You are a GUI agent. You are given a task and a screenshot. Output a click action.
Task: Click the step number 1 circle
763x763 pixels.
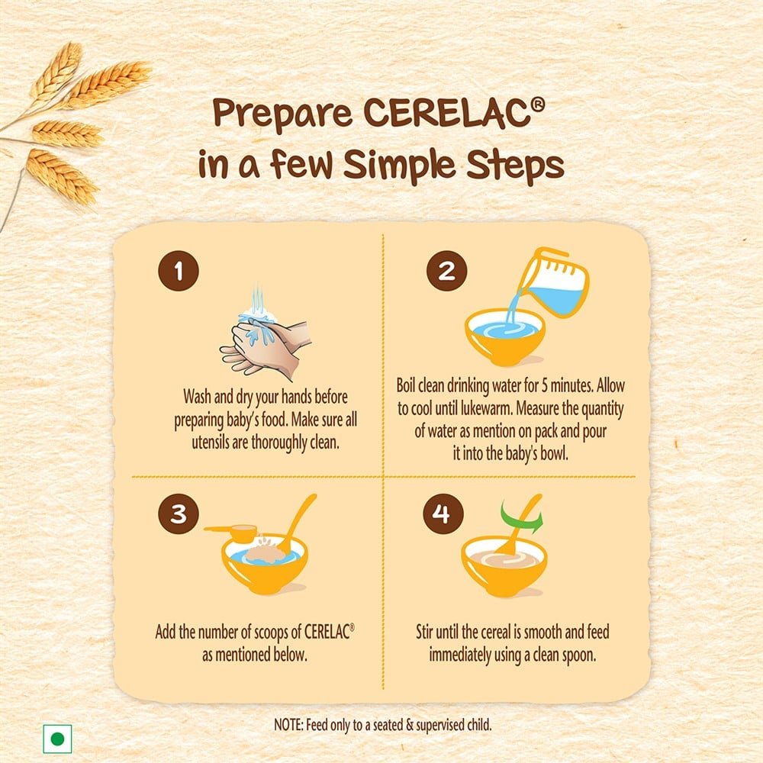point(178,271)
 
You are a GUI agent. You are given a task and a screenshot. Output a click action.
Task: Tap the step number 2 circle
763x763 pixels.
point(446,271)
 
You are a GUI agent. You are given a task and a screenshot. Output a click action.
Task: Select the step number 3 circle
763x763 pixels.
point(178,513)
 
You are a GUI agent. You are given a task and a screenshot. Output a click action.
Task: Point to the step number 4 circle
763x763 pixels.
point(443,513)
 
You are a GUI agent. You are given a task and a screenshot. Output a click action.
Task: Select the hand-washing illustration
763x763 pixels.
point(266,332)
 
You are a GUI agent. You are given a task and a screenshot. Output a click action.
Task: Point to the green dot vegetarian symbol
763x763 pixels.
point(57,739)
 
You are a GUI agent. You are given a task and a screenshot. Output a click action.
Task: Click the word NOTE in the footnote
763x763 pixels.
point(289,725)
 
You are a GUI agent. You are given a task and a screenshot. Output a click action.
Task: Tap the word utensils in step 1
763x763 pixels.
point(210,443)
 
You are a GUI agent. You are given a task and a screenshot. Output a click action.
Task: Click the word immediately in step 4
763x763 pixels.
point(459,655)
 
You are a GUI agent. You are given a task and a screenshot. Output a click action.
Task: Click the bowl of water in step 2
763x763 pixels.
point(504,336)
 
